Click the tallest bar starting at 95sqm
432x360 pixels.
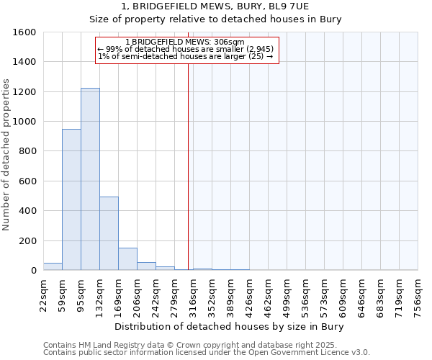pyautogui.click(x=90, y=180)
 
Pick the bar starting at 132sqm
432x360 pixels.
pyautogui.click(x=109, y=234)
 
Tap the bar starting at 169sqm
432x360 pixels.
pyautogui.click(x=127, y=259)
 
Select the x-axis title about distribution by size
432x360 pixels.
pyautogui.click(x=230, y=327)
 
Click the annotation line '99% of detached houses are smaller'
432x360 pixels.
pyautogui.click(x=186, y=49)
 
